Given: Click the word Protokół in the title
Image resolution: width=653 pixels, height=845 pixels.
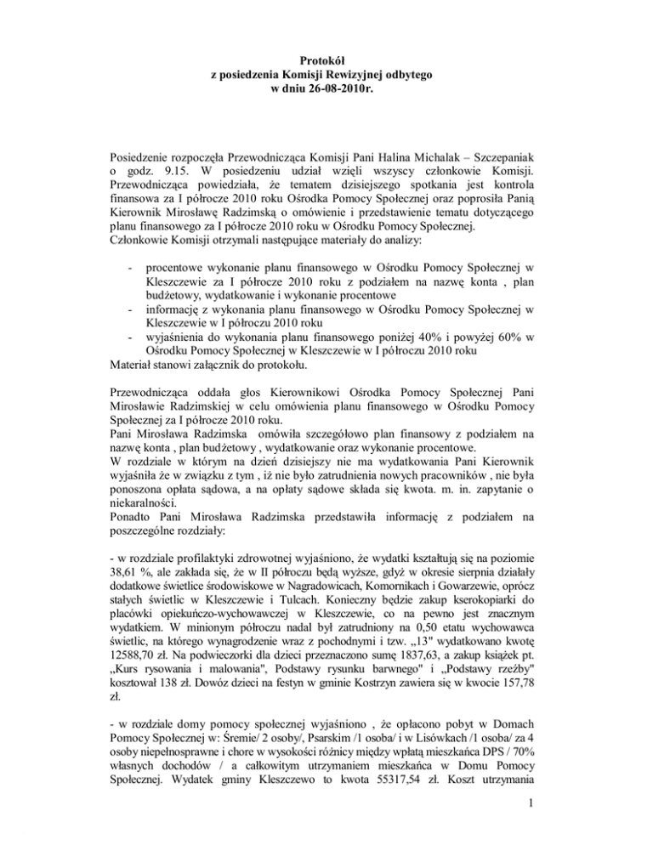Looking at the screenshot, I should [x=326, y=60].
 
